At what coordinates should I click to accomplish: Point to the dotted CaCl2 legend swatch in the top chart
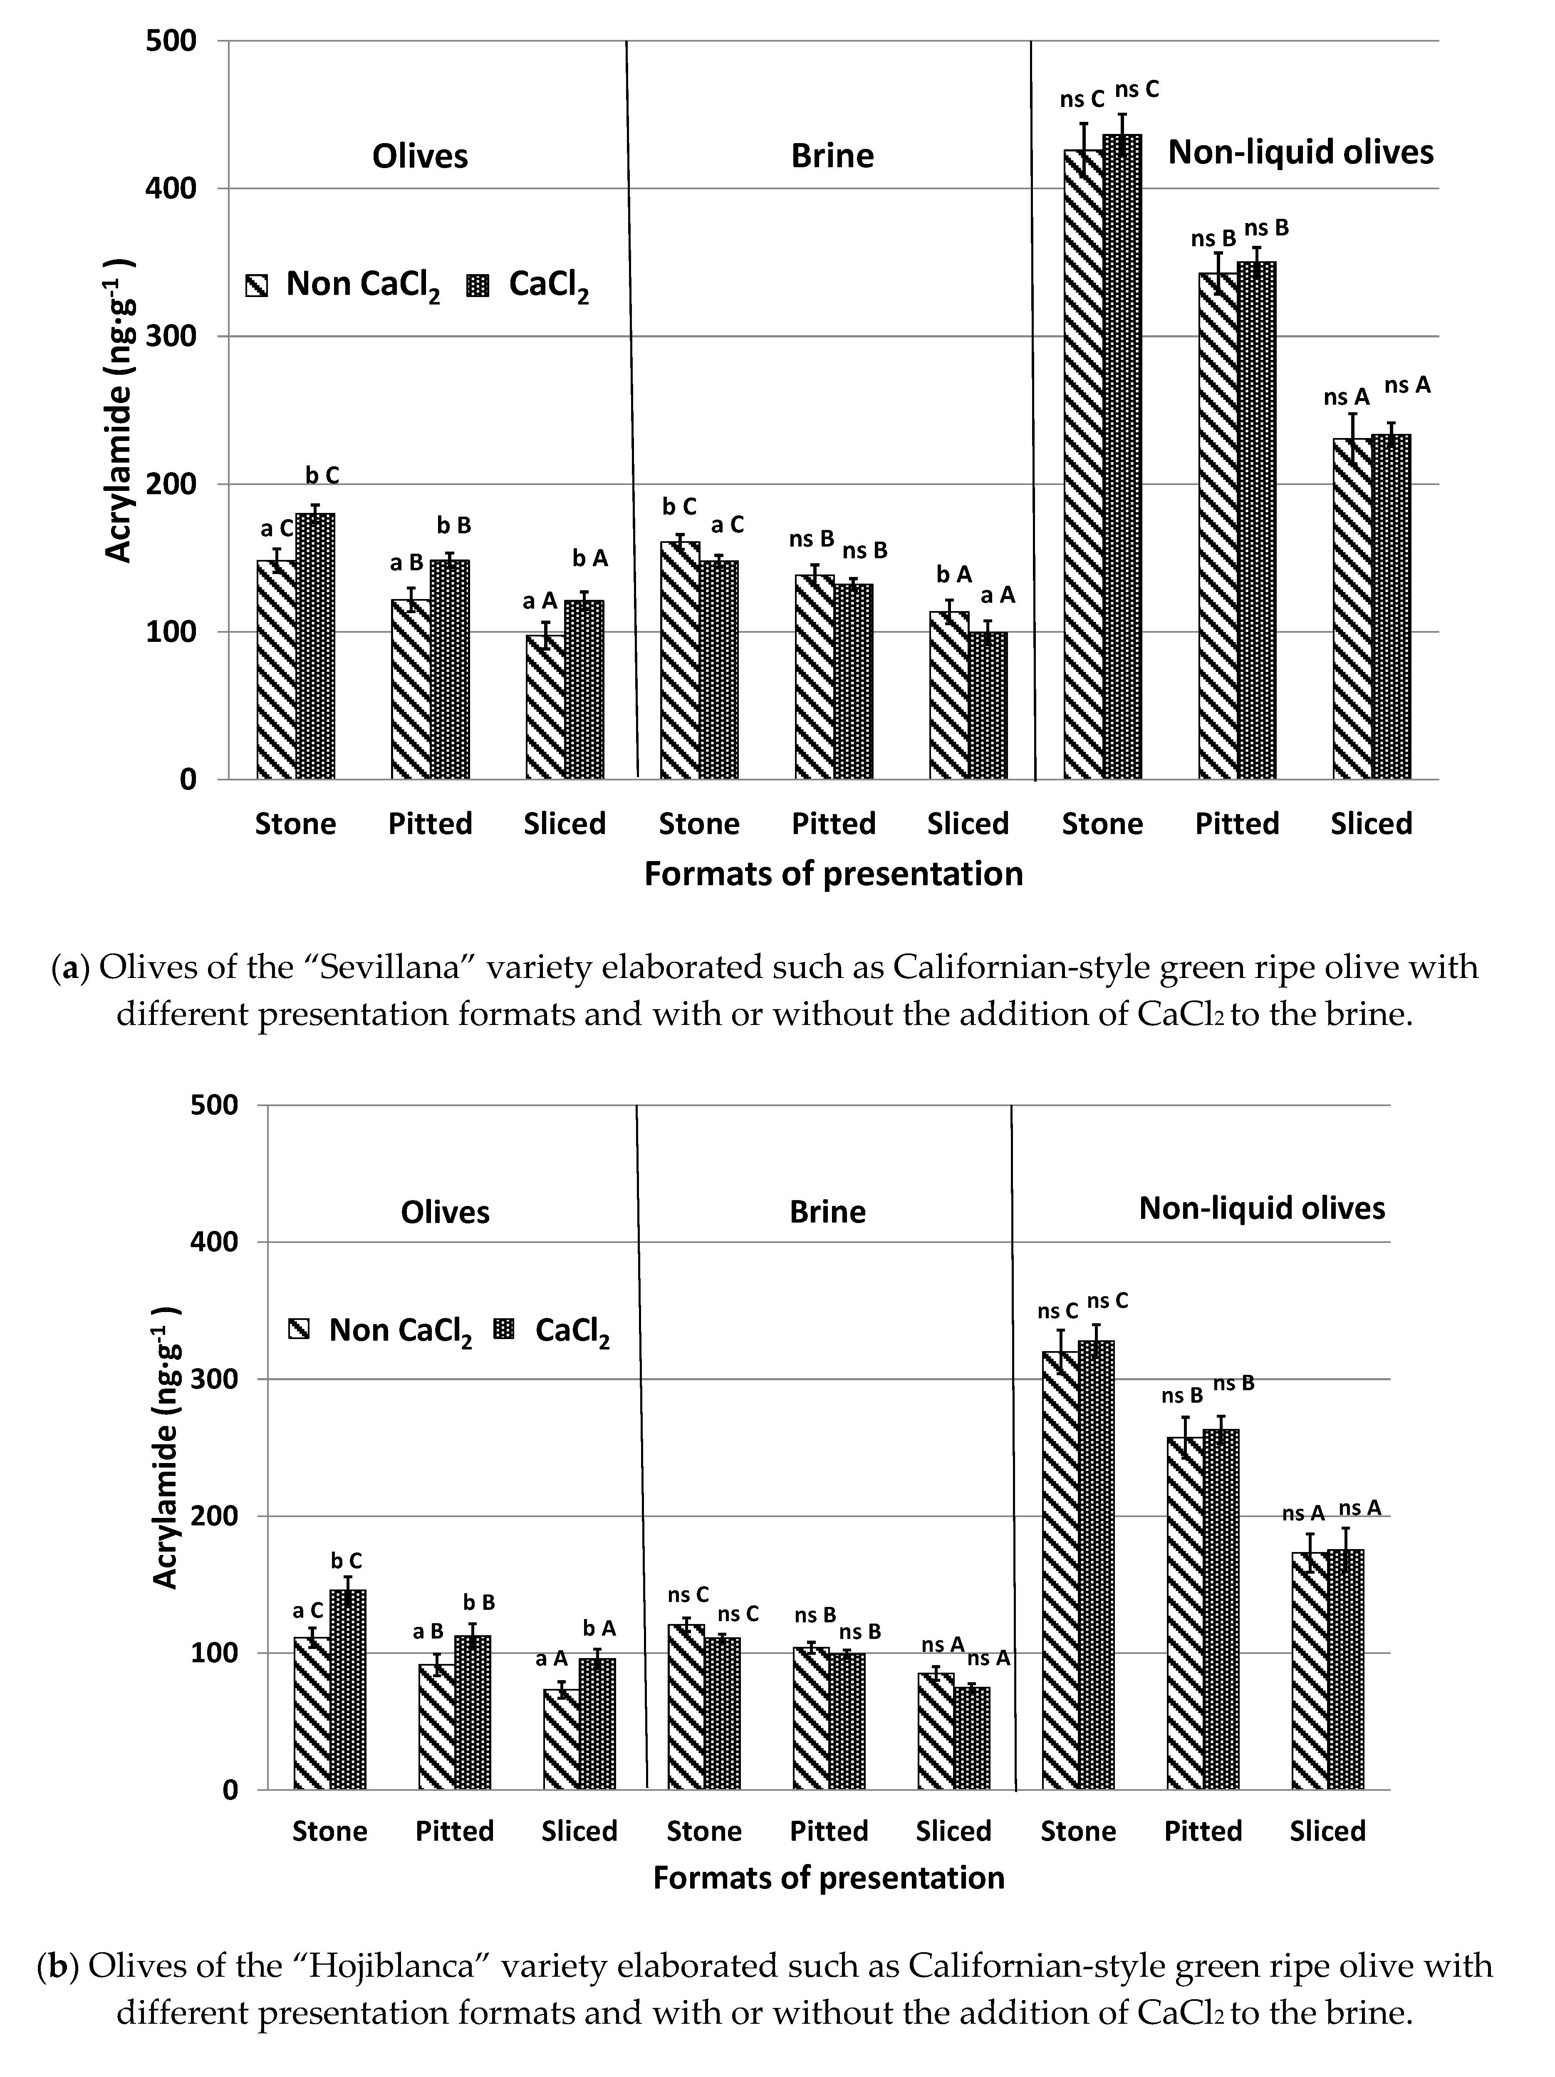pos(479,285)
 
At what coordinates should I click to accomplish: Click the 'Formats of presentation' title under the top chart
pos(833,874)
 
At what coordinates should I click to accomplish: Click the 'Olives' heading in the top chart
pos(420,156)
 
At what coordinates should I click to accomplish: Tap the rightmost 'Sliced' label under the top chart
pos(1371,824)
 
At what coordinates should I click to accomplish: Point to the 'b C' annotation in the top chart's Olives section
pos(322,476)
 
